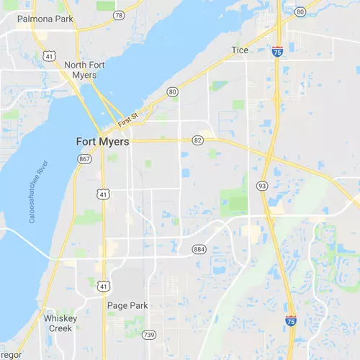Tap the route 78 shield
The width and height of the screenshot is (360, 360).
point(117,14)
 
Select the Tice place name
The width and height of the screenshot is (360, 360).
point(240,50)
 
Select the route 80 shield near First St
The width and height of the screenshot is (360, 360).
point(172,91)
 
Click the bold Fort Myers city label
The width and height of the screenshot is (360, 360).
point(102,142)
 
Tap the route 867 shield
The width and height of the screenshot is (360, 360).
point(85,158)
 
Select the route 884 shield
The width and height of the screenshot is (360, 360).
point(199,249)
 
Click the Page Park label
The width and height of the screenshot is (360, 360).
point(127,305)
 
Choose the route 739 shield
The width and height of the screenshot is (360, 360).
point(149,334)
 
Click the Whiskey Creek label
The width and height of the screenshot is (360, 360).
point(60,323)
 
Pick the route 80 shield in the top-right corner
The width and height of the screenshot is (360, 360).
point(300,12)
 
